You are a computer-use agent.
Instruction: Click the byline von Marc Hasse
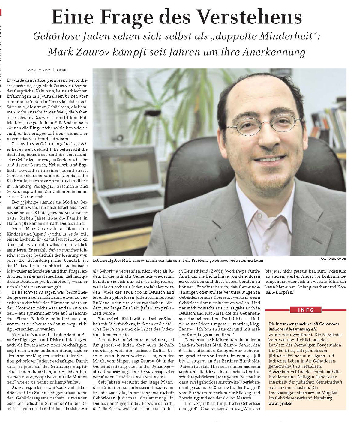47,70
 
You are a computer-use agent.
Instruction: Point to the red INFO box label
306,310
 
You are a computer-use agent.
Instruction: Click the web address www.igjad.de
280,403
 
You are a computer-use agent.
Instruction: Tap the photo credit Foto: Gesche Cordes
333,258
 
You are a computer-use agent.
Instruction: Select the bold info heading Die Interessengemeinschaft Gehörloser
304,324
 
